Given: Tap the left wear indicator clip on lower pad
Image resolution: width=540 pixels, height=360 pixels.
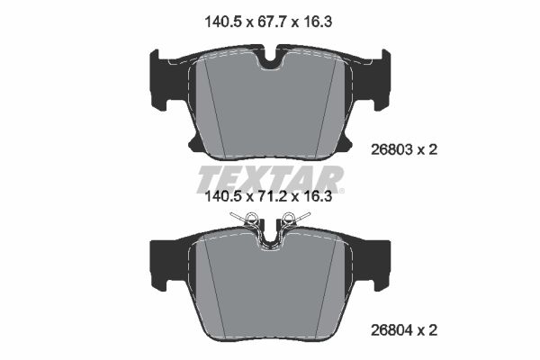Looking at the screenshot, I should click(250, 218).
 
